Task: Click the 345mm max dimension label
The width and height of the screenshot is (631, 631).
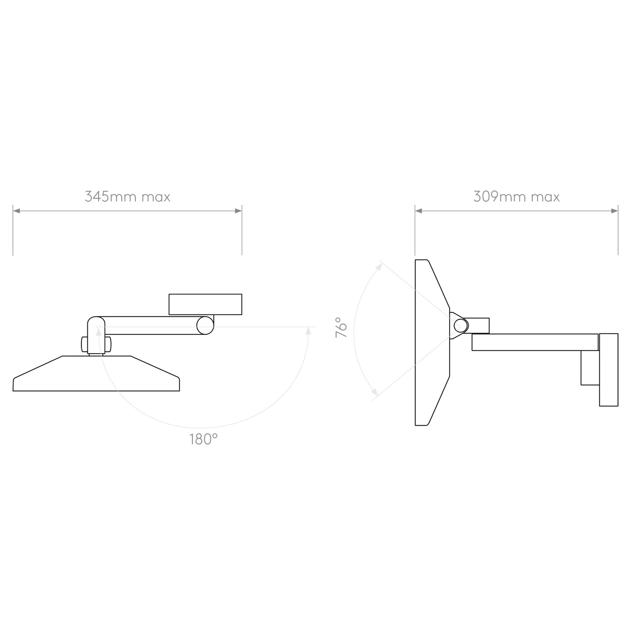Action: point(127,196)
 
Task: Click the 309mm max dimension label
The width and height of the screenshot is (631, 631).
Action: point(516,196)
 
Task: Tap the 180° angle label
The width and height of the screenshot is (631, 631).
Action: point(203,440)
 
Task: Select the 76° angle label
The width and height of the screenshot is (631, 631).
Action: point(341,328)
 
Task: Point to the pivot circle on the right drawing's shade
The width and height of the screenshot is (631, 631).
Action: point(461,325)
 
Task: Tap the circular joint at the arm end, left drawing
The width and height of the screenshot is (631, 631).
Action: point(205,325)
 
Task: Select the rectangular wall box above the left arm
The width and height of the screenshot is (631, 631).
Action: point(205,304)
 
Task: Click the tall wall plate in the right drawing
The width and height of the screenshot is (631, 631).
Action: point(608,370)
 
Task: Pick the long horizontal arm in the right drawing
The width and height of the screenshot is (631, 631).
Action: point(534,342)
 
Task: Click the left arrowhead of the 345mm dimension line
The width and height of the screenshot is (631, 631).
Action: point(16,211)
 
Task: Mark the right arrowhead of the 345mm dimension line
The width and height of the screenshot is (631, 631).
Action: point(238,211)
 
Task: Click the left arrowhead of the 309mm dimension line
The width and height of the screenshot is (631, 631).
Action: point(419,211)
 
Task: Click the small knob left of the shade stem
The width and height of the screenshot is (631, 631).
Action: point(84,344)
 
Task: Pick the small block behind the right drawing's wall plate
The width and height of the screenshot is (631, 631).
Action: point(589,368)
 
